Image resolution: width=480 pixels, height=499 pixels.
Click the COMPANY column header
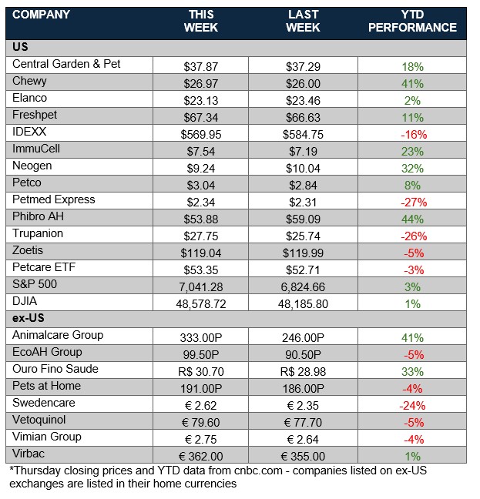tap(42, 15)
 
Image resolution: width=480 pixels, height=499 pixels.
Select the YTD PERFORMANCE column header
tap(412, 21)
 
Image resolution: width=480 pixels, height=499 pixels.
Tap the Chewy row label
tap(30, 81)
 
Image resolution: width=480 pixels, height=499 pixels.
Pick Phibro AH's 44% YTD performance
tap(413, 219)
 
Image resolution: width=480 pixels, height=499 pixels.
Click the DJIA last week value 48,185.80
tap(304, 303)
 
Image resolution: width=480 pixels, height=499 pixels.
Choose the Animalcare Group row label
tap(58, 335)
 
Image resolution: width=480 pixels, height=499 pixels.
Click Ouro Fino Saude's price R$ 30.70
tap(202, 370)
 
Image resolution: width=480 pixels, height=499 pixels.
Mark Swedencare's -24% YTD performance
tap(413, 404)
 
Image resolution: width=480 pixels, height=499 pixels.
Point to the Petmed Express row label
tap(54, 199)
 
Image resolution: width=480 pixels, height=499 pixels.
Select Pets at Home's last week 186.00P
tap(304, 387)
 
